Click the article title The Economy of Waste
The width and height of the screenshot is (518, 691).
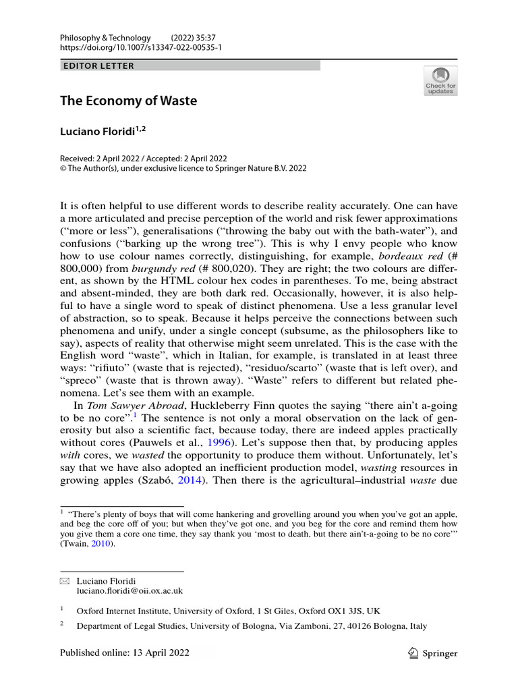click(128, 101)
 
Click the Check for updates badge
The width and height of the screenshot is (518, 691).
click(440, 80)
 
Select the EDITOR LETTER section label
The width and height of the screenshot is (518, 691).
click(98, 65)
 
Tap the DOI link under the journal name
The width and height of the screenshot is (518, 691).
click(141, 48)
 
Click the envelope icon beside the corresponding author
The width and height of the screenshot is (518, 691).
click(65, 580)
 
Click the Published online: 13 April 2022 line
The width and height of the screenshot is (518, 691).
click(125, 653)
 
